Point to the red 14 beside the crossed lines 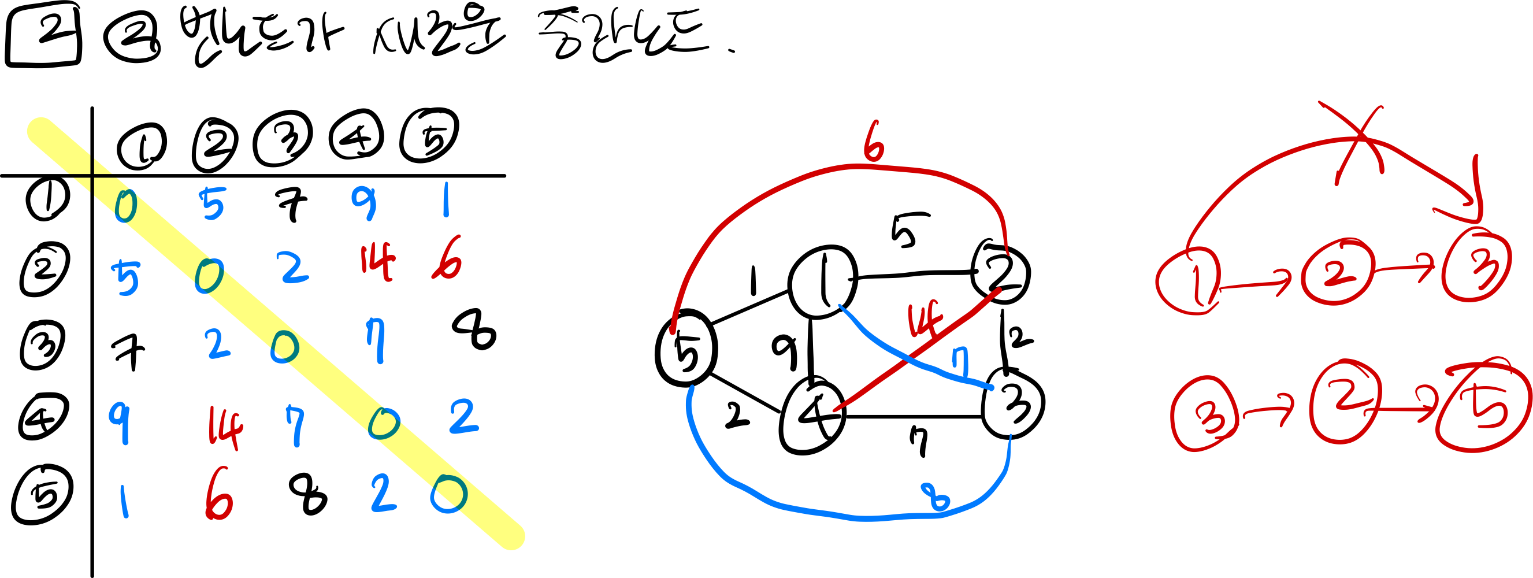[x=923, y=319]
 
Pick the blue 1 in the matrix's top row [x=446, y=200]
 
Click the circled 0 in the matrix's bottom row [x=449, y=494]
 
